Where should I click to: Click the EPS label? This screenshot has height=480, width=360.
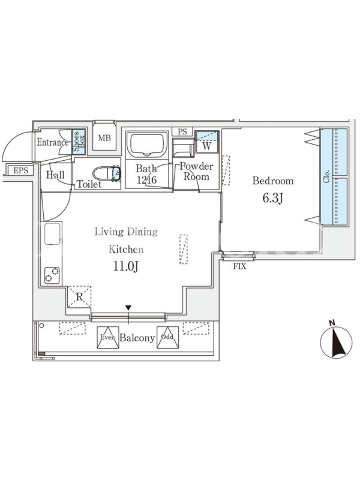pos(20,170)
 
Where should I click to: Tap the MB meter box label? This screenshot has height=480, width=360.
pos(104,138)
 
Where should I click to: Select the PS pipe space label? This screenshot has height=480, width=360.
pos(182,132)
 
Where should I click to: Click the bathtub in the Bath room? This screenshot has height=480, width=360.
pos(146,145)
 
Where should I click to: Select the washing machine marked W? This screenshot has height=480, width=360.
pos(207,142)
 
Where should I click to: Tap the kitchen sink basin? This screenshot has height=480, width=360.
pos(52,233)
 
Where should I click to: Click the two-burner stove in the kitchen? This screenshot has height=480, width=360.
pos(52,275)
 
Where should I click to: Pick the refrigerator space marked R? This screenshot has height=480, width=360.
pos(79,296)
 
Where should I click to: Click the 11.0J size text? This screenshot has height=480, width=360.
pos(126,266)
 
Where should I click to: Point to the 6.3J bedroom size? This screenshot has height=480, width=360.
pos(273,198)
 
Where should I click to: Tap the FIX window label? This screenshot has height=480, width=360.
pos(239,266)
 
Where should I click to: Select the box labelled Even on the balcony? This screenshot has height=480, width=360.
pos(108,337)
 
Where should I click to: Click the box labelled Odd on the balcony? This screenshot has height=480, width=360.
pos(167,337)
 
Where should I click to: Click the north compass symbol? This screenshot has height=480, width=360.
pos(336,342)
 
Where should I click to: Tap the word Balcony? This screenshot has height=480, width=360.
pos(137,338)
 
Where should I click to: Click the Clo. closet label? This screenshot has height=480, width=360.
pos(327,176)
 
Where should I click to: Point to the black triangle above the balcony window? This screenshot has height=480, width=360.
pos(128,307)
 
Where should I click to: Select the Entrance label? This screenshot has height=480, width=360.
pos(53,142)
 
